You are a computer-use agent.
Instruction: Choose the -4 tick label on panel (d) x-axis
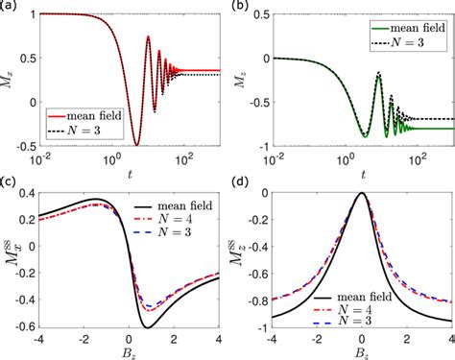click(272, 336)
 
